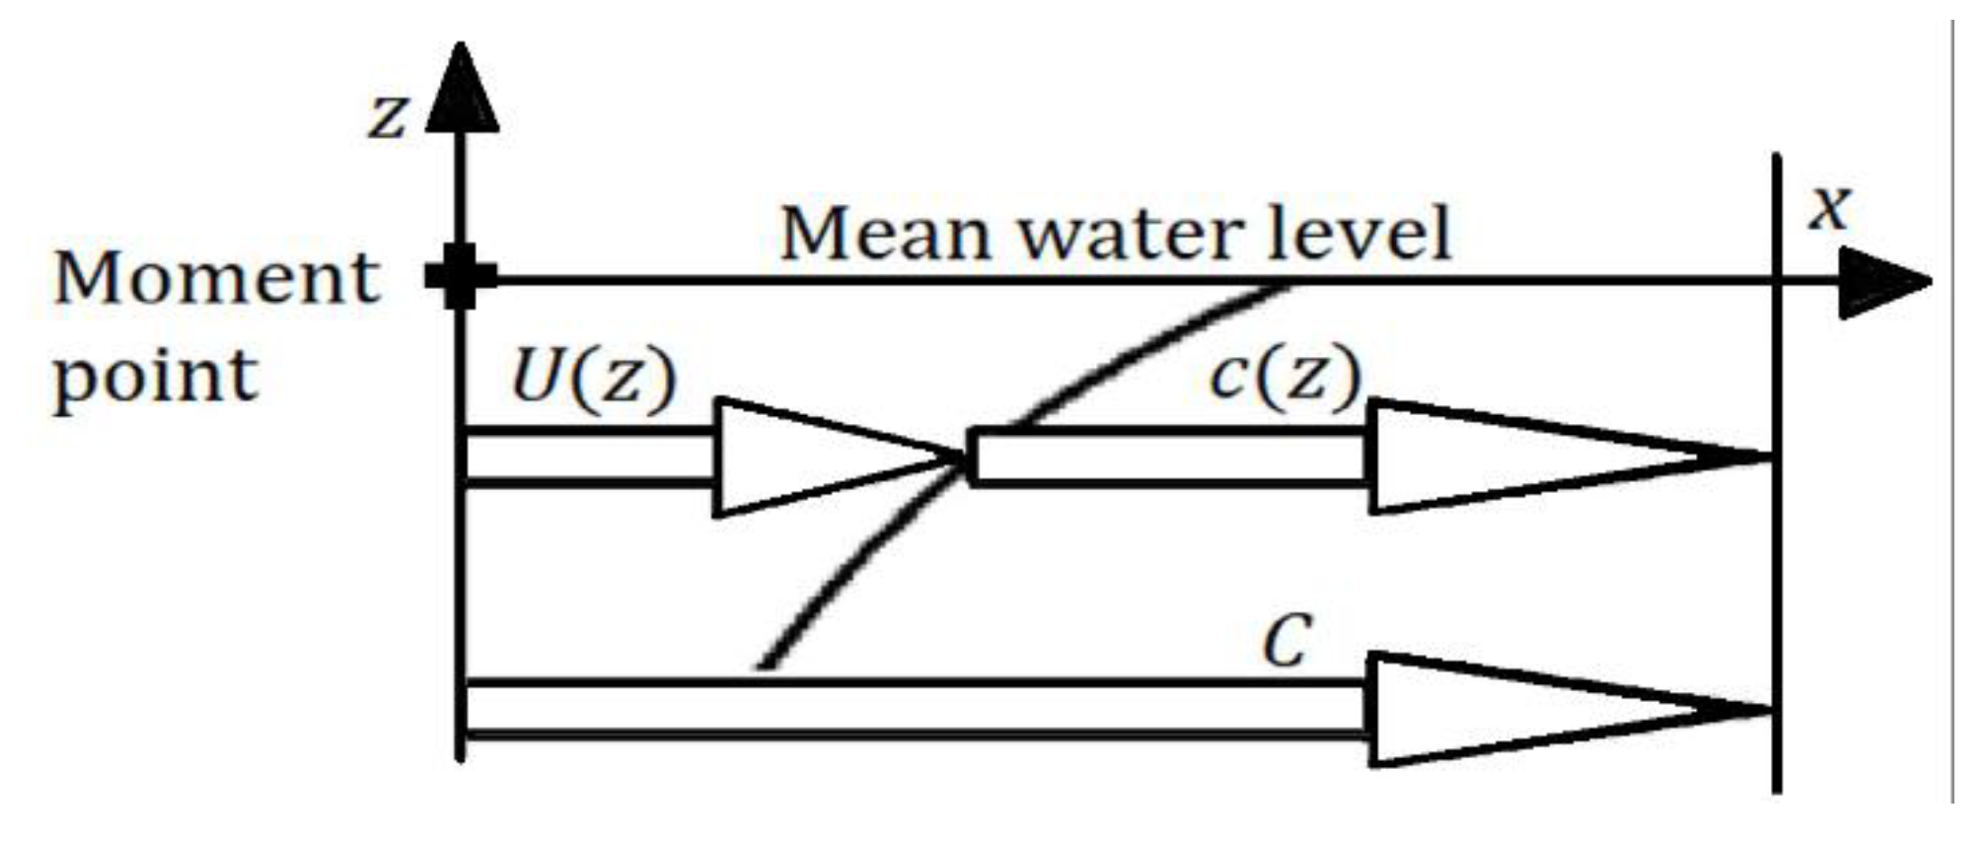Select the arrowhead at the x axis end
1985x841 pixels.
[x=1879, y=283]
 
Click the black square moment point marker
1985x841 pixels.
[x=461, y=277]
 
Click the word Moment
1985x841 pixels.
[x=217, y=278]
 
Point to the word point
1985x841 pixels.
[x=155, y=378]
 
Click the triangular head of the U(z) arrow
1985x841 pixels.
[x=809, y=457]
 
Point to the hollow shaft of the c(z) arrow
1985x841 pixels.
[x=1169, y=457]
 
